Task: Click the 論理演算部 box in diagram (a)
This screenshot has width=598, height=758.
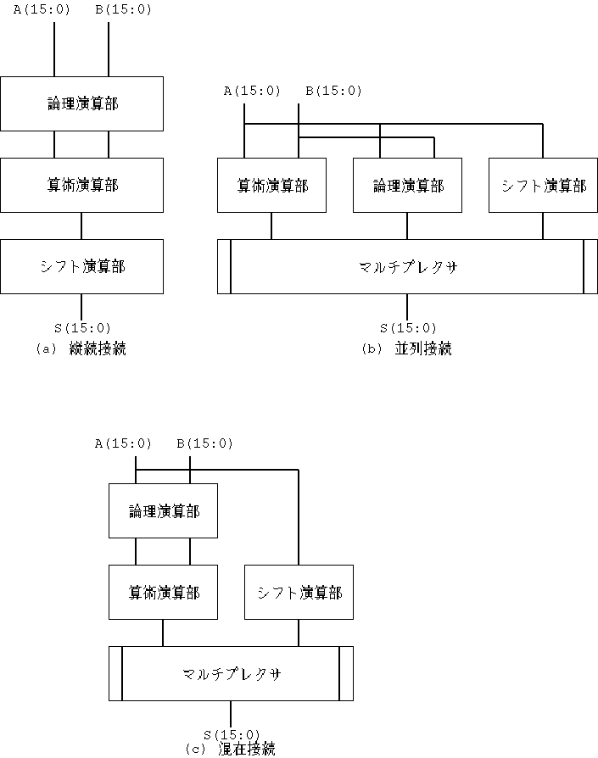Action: (x=81, y=103)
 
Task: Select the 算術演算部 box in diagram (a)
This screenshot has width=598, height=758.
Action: (x=81, y=185)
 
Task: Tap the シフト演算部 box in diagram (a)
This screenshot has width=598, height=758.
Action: (x=81, y=266)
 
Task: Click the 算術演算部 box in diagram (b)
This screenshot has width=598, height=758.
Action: (x=271, y=185)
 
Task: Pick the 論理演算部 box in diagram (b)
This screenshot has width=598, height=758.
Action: (x=407, y=185)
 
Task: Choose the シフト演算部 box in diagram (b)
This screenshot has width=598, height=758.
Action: (x=544, y=185)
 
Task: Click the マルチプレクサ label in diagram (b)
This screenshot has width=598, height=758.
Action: (x=408, y=267)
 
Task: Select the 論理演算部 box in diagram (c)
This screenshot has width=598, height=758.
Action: (x=164, y=511)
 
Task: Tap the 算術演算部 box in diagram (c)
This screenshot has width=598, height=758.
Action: (x=164, y=592)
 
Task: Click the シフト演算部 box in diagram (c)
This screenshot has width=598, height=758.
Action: (x=299, y=592)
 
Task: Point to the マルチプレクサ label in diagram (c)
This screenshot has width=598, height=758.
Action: (x=232, y=674)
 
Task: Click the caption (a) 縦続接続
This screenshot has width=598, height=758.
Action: (x=81, y=348)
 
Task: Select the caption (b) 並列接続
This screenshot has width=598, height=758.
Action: (x=407, y=348)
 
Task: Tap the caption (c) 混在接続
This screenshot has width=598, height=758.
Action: (x=231, y=749)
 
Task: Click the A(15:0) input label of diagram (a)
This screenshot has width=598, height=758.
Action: (x=42, y=9)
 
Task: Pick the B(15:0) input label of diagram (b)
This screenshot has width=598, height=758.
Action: (x=333, y=91)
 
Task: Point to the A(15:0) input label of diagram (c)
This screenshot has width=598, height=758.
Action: (x=123, y=443)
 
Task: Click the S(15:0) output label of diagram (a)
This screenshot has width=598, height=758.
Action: (x=82, y=328)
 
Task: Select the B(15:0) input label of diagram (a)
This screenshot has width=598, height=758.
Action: (x=123, y=9)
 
